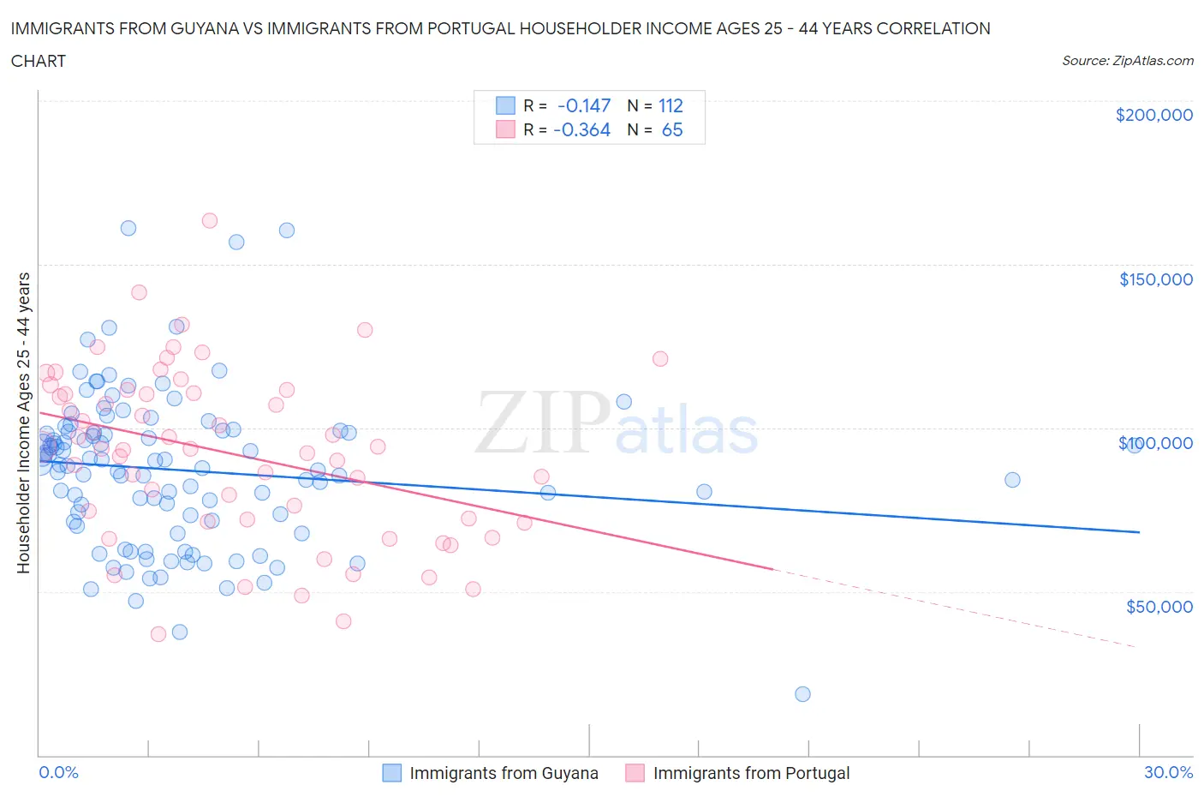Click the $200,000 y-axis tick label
[1153, 116]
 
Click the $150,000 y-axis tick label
[1155, 279]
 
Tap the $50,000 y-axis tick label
[1159, 607]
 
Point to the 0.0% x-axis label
[58, 773]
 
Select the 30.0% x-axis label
[1168, 773]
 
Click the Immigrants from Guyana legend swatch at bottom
[391, 773]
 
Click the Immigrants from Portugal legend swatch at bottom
[635, 773]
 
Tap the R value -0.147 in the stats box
[583, 105]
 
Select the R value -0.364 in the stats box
[581, 129]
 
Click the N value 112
[670, 105]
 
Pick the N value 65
[672, 129]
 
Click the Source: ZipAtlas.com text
[1127, 61]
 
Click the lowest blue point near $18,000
[802, 694]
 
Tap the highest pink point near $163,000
[209, 221]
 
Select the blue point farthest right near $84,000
[1012, 480]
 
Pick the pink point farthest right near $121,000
[660, 359]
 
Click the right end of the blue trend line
[1139, 532]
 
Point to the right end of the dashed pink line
[1137, 647]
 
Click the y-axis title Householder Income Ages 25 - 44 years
[23, 422]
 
